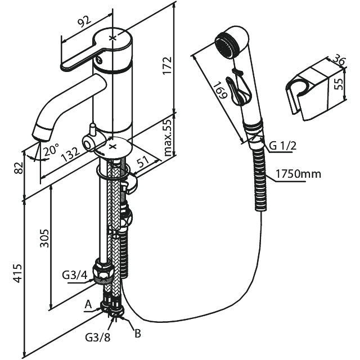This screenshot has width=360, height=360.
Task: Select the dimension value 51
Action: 142,162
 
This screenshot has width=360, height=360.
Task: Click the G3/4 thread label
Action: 73,276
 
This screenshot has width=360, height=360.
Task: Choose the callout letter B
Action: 137,333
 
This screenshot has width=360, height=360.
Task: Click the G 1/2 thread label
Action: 282,146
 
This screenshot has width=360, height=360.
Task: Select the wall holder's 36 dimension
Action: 338,59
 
